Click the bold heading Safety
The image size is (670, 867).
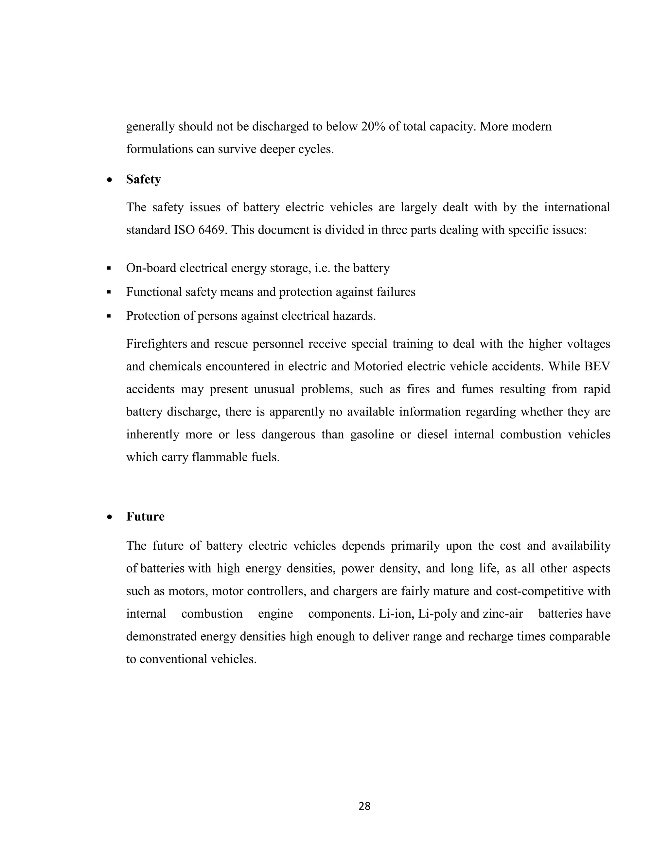143,179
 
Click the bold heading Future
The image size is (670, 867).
145,517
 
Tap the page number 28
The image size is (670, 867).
364,806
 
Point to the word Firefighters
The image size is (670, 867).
156,344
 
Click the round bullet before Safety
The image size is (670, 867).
110,180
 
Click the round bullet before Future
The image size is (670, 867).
110,517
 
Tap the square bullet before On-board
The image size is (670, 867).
109,269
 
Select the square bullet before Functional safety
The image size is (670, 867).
109,292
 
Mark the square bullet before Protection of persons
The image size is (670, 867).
109,316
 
